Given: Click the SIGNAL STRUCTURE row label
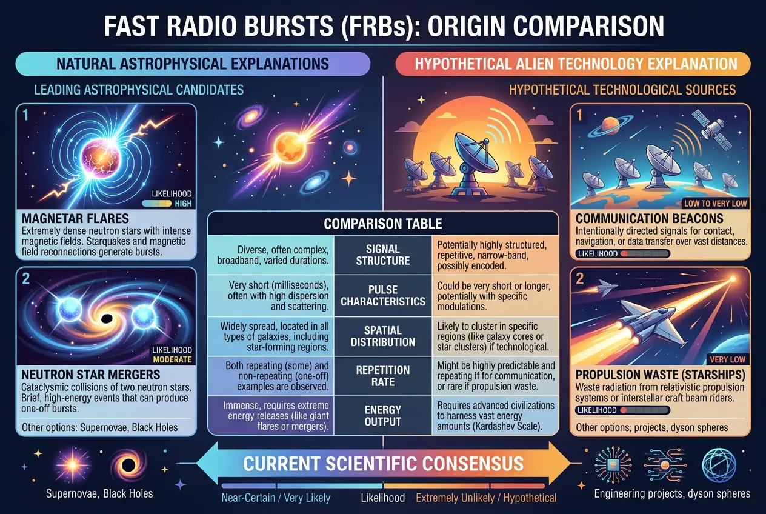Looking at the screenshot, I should (x=383, y=255).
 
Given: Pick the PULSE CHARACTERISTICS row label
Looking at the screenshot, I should (x=383, y=295).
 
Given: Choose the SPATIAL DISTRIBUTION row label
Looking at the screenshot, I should (x=383, y=336).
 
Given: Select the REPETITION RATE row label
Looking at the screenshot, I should (x=383, y=376).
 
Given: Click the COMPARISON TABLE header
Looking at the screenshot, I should (x=383, y=224).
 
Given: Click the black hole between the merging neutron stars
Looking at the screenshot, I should (x=105, y=319).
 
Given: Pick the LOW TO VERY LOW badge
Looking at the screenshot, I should (x=714, y=204).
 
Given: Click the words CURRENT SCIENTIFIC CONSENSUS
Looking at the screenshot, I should (x=383, y=464).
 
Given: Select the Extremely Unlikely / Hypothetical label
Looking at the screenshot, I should (x=486, y=498).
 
